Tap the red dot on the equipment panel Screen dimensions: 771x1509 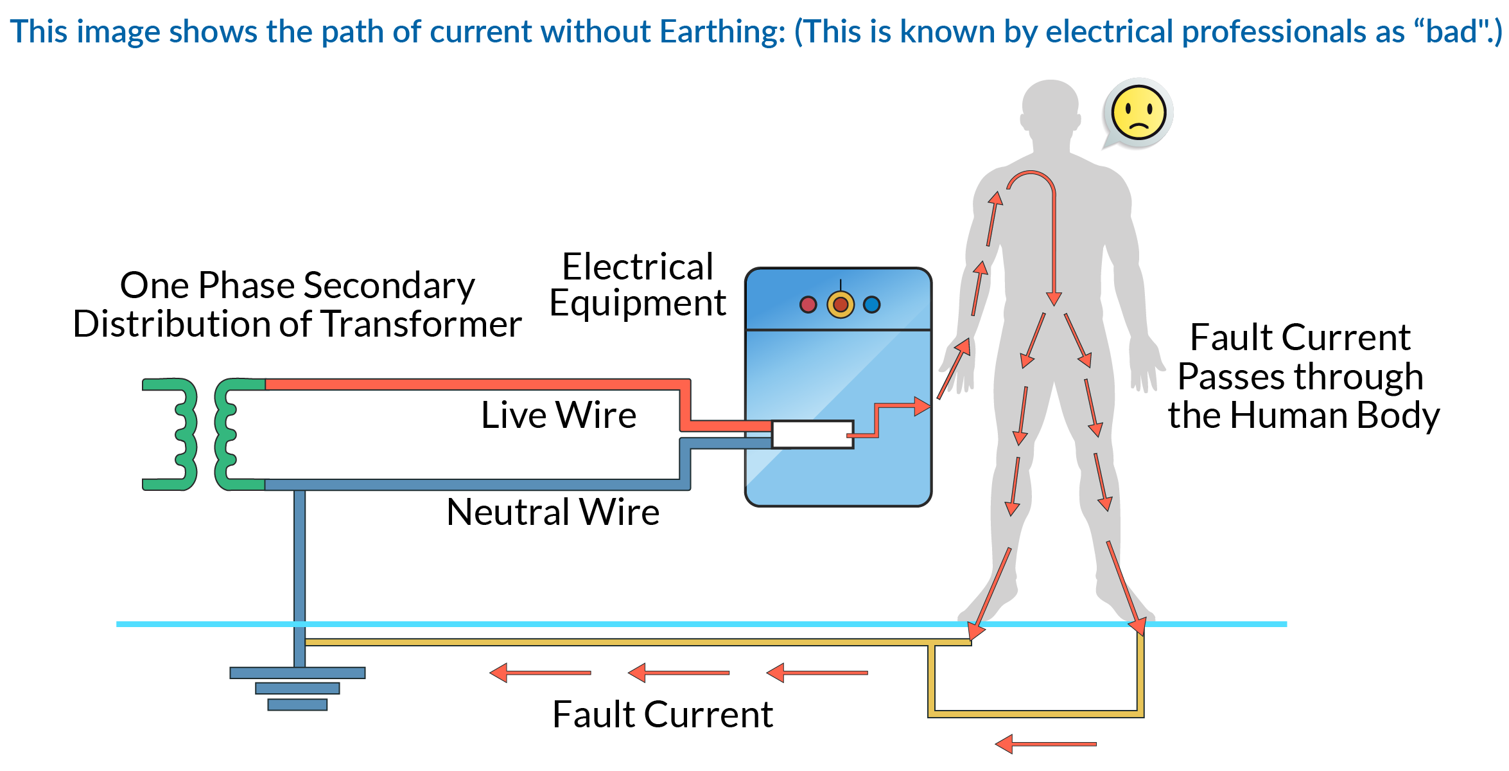(808, 305)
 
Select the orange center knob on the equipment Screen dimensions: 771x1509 (841, 305)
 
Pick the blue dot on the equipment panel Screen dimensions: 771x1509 (871, 305)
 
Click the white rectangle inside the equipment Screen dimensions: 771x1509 (812, 434)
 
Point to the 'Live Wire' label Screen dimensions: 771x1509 (559, 415)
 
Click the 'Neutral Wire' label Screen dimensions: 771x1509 (553, 513)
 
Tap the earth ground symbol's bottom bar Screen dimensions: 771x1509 (297, 705)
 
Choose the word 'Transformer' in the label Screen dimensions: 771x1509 (421, 324)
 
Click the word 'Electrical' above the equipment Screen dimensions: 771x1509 (638, 267)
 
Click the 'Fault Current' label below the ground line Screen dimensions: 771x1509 (663, 714)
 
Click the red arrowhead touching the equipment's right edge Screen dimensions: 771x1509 (922, 406)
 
